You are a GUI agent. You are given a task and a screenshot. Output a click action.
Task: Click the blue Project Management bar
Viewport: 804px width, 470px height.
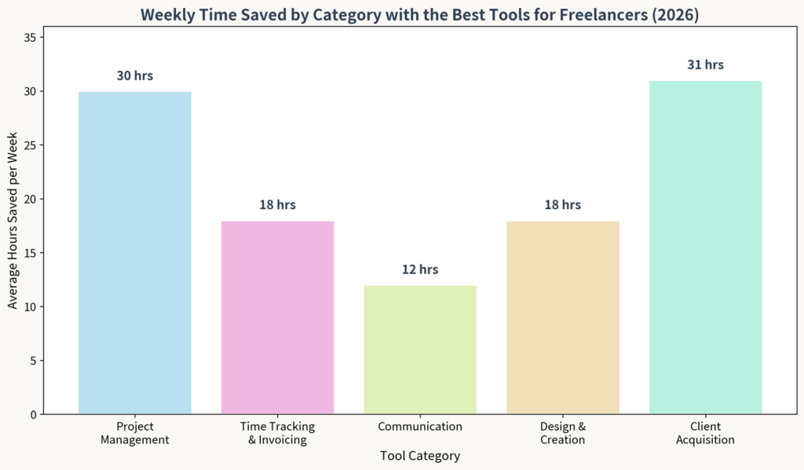[135, 252]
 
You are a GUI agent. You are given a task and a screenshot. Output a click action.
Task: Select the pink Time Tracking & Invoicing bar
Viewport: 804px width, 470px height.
[277, 317]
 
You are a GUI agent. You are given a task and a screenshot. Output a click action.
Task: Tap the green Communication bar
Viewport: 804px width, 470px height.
[420, 349]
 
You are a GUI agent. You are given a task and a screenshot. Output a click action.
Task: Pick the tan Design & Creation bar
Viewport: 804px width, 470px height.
[563, 317]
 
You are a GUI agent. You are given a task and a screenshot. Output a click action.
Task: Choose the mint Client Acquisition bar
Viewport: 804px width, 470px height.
[705, 247]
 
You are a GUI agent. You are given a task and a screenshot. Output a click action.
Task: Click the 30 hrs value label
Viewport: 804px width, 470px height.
[135, 76]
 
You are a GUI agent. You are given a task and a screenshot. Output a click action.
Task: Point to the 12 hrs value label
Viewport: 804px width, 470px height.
[420, 270]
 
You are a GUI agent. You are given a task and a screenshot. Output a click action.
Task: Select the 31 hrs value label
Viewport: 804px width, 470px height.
[705, 65]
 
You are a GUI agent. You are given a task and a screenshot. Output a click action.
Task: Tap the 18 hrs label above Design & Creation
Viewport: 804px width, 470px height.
[563, 205]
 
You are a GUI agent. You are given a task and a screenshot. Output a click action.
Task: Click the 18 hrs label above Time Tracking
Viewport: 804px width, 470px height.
[277, 205]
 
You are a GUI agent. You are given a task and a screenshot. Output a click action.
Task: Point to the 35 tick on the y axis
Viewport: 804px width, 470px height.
[32, 38]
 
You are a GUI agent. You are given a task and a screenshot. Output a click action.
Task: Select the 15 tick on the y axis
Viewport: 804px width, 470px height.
[32, 253]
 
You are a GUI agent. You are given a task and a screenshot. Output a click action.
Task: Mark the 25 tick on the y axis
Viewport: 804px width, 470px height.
[32, 145]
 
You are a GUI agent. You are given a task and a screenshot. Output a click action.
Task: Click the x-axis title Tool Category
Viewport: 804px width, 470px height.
[420, 456]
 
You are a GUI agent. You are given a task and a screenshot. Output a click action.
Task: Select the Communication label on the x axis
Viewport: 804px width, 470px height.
[420, 427]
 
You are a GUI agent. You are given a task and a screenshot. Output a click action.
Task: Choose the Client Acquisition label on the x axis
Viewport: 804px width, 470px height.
[705, 433]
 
